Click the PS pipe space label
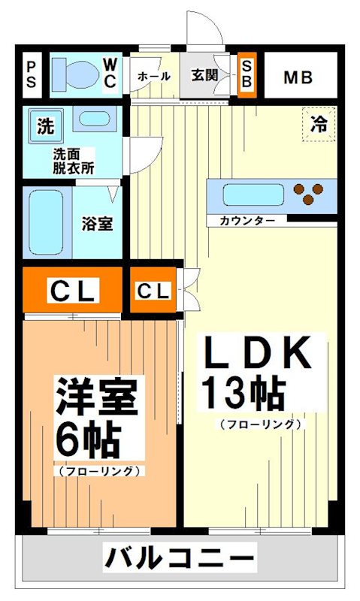[x=32, y=74]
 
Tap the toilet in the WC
[x=75, y=74]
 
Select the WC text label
[x=110, y=74]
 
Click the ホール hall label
[x=153, y=77]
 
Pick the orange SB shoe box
[x=247, y=74]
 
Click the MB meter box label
[x=298, y=77]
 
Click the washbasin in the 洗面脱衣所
[x=93, y=119]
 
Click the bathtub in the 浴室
[x=46, y=223]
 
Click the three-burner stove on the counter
[x=308, y=193]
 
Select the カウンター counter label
[x=242, y=221]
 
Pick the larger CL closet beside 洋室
[x=71, y=291]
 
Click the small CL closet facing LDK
[x=153, y=291]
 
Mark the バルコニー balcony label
[x=179, y=559]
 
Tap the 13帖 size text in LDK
[x=242, y=391]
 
